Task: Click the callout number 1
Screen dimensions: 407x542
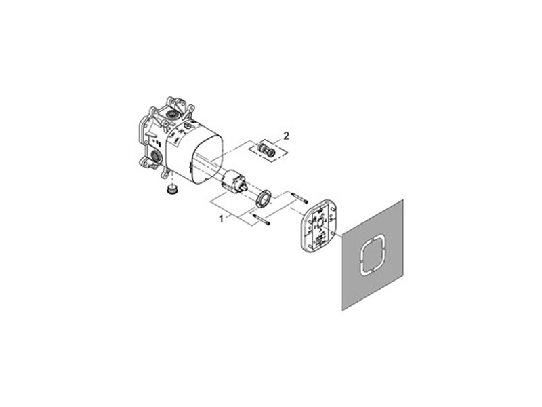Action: point(221,218)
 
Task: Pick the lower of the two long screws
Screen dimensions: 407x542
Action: point(262,218)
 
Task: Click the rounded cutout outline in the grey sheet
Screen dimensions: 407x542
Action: point(371,254)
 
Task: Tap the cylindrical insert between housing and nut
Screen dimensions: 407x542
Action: point(232,180)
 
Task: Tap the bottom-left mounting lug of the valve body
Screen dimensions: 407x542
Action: point(144,162)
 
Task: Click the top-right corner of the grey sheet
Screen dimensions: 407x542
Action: point(402,200)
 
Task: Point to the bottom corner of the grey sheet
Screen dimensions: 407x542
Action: point(343,309)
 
